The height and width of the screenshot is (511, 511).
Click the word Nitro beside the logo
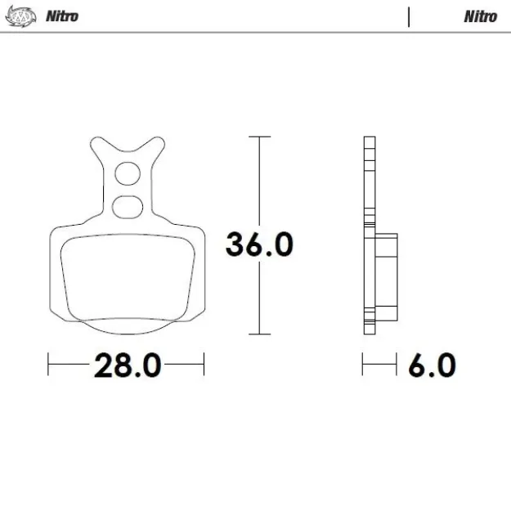[x=62, y=16]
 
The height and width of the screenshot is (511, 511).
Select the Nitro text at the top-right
[x=480, y=16]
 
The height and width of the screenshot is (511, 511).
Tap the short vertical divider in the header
[x=408, y=16]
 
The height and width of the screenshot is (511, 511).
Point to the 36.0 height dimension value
[x=259, y=244]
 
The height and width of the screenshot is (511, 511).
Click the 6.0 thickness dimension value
[x=431, y=365]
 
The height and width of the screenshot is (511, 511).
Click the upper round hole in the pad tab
[x=127, y=173]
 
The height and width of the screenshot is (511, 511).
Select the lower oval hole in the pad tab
[x=127, y=206]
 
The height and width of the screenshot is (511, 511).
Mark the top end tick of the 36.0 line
[x=259, y=137]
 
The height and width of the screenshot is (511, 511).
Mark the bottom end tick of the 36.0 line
[x=259, y=334]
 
